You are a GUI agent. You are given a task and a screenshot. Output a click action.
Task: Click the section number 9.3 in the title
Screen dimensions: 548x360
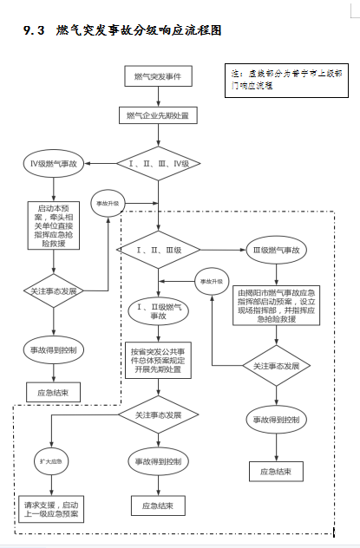click(x=38, y=30)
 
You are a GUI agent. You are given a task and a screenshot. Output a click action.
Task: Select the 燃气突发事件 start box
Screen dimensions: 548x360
click(x=158, y=78)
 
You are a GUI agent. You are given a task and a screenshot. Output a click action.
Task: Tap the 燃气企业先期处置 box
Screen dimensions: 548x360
click(x=158, y=114)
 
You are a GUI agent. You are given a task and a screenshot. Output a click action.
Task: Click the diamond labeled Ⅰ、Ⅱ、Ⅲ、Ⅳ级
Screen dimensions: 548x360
click(x=158, y=162)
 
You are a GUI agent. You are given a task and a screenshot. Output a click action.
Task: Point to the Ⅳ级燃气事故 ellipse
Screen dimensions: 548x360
click(x=53, y=163)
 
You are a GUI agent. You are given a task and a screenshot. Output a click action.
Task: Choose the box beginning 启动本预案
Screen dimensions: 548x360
click(x=53, y=225)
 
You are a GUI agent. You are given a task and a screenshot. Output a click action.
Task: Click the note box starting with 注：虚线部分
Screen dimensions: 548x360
click(x=278, y=80)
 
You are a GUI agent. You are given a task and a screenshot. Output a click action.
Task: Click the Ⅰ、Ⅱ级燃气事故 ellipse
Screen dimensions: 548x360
click(x=158, y=310)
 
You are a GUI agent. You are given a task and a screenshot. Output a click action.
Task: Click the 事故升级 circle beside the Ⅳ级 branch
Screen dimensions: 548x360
click(x=108, y=203)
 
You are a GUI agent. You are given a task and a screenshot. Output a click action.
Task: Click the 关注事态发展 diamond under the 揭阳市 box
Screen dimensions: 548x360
click(x=276, y=367)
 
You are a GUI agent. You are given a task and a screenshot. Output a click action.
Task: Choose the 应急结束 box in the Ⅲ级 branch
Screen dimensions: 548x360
click(x=276, y=473)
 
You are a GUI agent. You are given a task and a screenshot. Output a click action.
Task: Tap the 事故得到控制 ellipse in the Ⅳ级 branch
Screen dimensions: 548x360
click(x=53, y=351)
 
